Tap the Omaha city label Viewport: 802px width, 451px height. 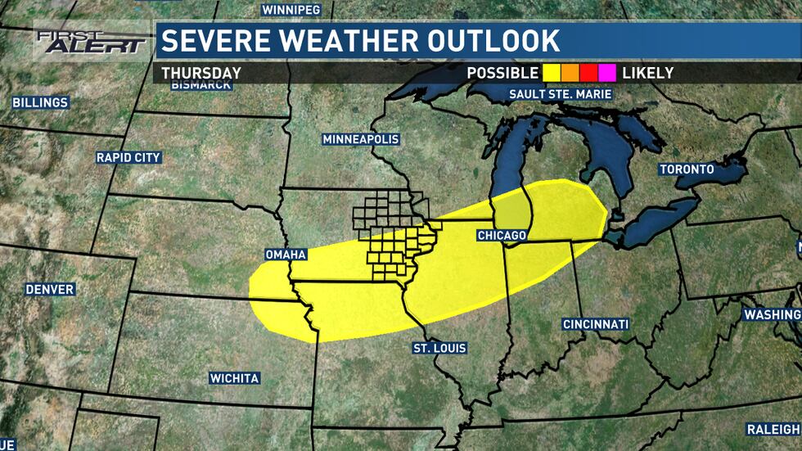click(x=285, y=255)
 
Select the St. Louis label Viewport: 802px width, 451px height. click(x=439, y=349)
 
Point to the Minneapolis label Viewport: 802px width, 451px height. click(x=361, y=139)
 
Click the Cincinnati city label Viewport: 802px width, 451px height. click(x=596, y=324)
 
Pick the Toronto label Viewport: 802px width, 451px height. click(x=687, y=169)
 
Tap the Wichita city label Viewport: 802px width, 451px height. click(x=234, y=378)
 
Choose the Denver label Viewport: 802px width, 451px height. click(x=49, y=290)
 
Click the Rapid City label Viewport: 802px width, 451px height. click(x=128, y=157)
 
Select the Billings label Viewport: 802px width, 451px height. click(x=40, y=103)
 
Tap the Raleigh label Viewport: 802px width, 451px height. click(x=773, y=429)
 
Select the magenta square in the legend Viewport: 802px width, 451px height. click(x=608, y=73)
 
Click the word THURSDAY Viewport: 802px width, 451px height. click(x=201, y=73)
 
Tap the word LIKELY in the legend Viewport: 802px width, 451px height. click(x=647, y=73)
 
